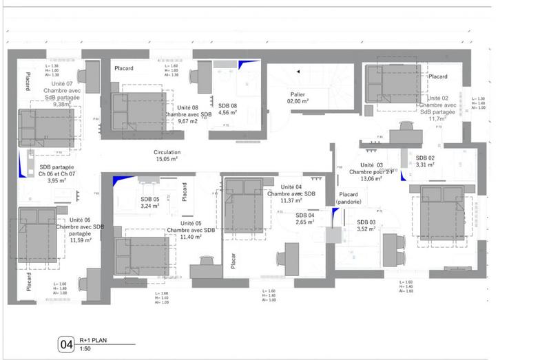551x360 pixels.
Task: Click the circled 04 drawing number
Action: coord(67,343)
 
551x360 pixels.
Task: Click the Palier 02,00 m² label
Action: coord(298,97)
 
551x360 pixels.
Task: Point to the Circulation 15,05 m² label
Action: coord(167,156)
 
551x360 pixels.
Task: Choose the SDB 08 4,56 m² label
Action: coord(228,109)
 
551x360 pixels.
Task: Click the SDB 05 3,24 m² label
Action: coord(150,202)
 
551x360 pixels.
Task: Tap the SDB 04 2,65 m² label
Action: coord(305,219)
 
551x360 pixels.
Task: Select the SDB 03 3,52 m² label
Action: coord(366,225)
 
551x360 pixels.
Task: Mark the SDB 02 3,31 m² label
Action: coord(426,161)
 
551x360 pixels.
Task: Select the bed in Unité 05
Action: coord(141,255)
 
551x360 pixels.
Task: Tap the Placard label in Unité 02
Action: coord(439,76)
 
